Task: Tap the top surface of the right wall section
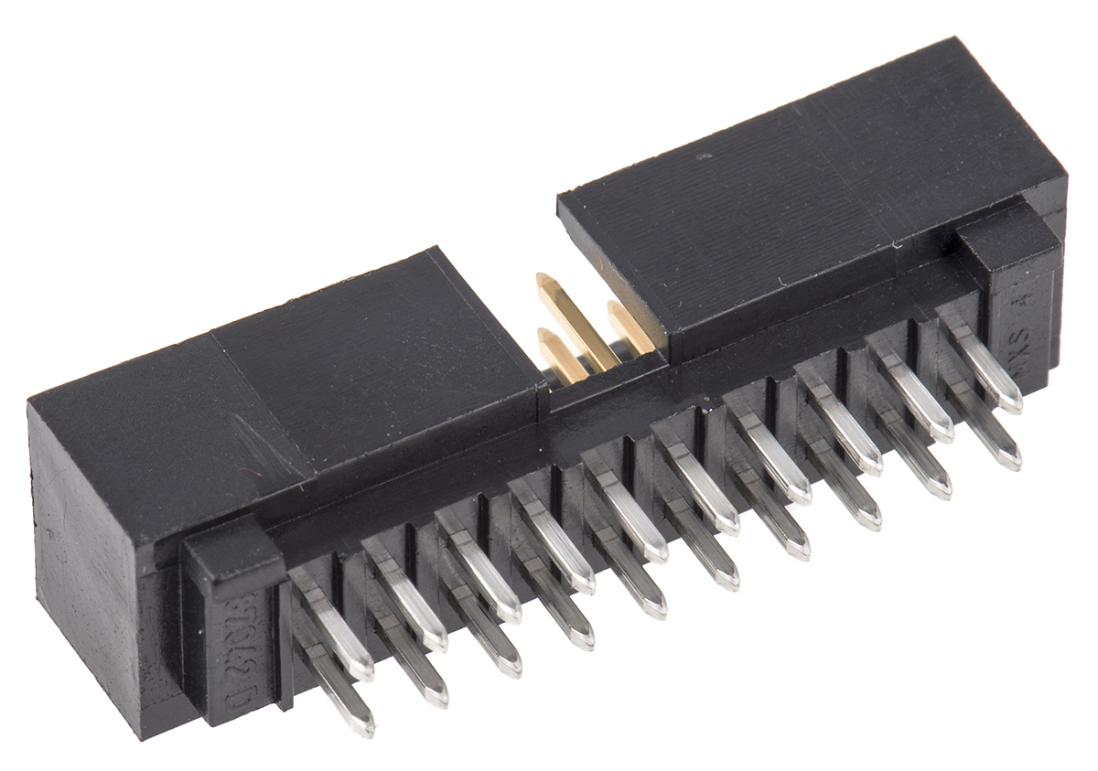click(x=805, y=183)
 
